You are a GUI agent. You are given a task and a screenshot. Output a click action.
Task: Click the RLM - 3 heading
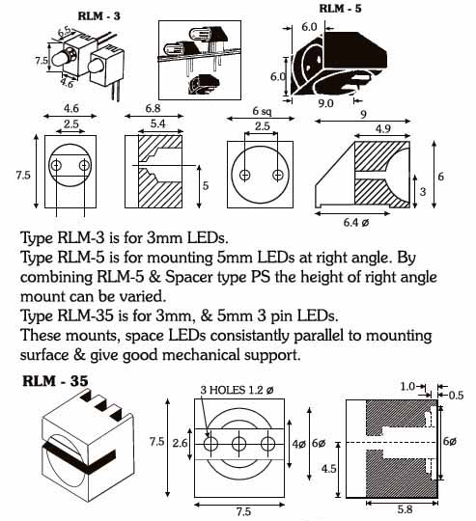98,16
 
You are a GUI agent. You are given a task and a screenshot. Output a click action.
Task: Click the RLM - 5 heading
340,9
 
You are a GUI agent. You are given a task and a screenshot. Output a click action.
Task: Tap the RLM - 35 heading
55,381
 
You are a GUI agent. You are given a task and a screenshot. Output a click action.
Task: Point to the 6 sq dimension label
262,111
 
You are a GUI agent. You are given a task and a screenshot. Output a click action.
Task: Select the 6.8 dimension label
153,108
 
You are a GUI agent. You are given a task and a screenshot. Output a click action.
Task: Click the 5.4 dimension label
157,123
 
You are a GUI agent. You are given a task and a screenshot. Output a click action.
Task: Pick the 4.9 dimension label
382,129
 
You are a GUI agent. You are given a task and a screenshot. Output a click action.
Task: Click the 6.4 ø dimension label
356,222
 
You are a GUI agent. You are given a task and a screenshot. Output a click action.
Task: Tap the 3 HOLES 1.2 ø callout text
237,390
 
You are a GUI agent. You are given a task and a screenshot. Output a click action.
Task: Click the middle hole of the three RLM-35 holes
238,444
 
